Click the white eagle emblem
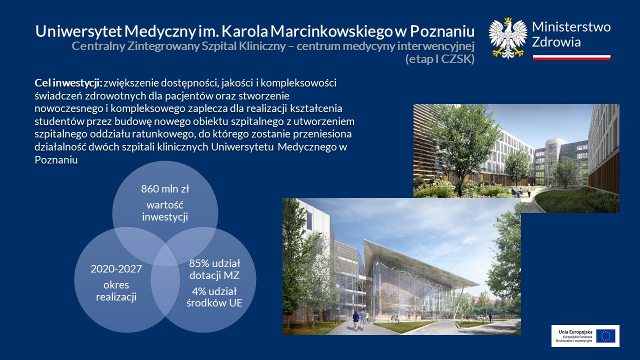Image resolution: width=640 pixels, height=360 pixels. coord(507,38)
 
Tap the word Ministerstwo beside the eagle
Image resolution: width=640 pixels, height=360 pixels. coord(571,27)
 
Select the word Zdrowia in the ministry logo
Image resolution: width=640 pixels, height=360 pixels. coord(556,42)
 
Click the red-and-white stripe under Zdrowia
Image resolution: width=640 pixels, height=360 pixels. coord(571,57)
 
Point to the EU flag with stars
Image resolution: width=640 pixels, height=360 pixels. coord(605,336)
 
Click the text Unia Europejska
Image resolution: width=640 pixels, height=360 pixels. coord(575,332)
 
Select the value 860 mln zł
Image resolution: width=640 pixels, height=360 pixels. coord(165,189)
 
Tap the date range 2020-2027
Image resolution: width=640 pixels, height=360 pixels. coord(116,269)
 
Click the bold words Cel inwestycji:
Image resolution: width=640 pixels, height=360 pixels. coord(68,83)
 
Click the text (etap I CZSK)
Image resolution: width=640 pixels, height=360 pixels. coord(440,59)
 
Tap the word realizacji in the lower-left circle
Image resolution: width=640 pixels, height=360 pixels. coord(116,297)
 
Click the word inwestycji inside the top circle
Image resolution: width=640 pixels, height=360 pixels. coord(165,217)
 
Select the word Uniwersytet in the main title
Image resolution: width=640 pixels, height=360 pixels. coord(78,31)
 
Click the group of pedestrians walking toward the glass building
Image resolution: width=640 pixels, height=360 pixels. coord(361,319)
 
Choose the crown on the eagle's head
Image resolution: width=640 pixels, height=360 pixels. coord(507,20)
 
